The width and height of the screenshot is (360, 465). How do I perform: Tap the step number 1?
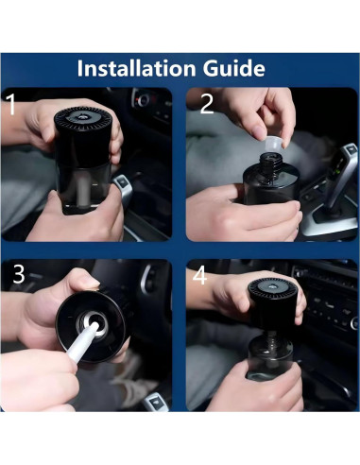point(11,105)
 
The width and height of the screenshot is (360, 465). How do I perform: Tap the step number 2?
point(206,105)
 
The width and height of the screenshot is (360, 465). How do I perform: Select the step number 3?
point(18,275)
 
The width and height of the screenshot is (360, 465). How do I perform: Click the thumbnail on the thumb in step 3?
point(88,282)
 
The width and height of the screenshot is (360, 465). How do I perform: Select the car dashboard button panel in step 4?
point(331,307)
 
